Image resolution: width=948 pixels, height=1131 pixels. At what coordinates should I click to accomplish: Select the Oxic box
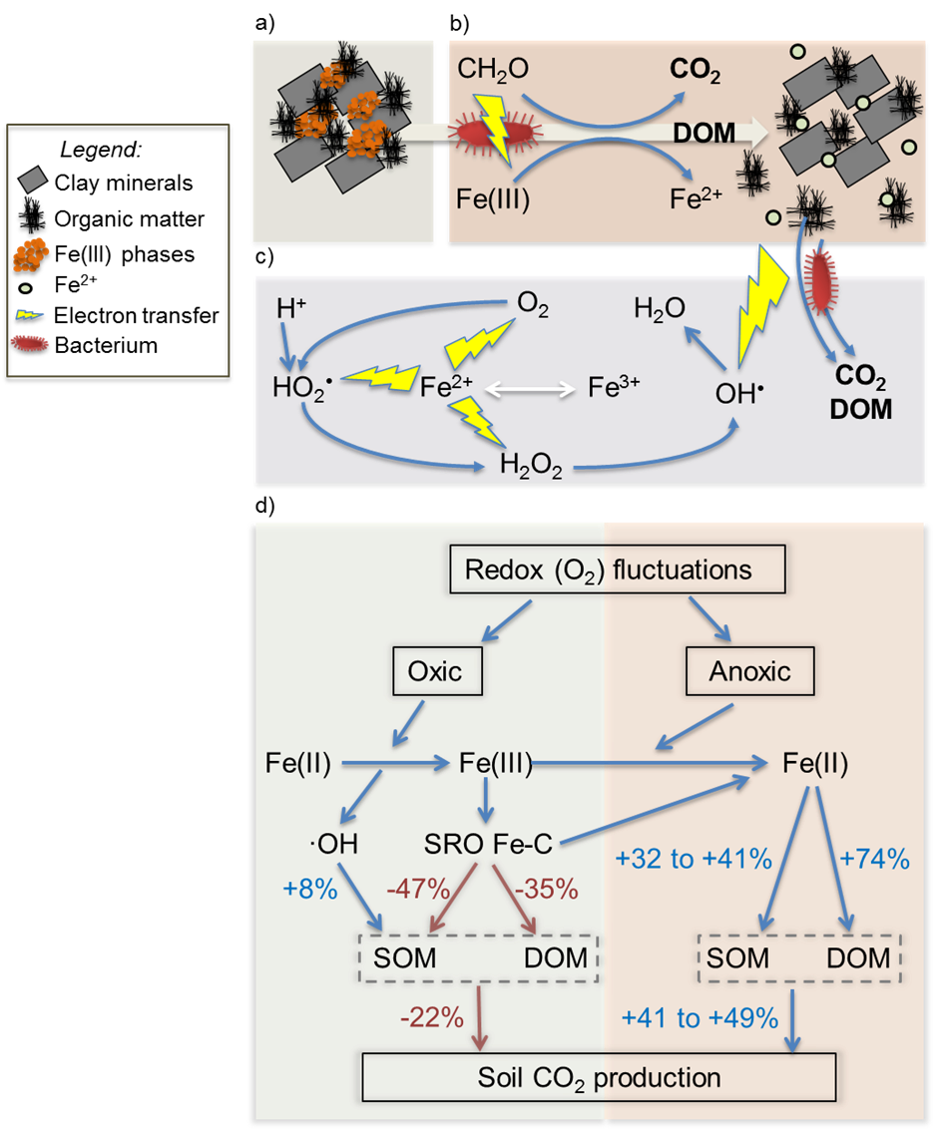coord(435,671)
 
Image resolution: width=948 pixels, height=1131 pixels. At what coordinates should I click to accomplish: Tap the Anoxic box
coord(749,671)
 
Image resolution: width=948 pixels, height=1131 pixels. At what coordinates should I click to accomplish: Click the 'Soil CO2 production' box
coord(598,1078)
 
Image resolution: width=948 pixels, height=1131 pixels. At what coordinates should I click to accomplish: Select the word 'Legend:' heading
coord(101,150)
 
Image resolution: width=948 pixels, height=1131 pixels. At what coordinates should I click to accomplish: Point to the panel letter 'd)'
coord(264,507)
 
